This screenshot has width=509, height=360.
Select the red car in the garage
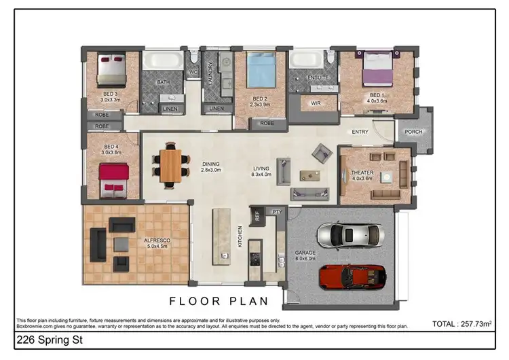(352, 276)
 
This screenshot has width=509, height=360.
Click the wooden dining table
(171, 164)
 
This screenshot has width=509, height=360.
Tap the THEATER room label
(362, 173)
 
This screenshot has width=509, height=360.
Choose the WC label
(193, 71)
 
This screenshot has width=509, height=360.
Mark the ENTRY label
(360, 132)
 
